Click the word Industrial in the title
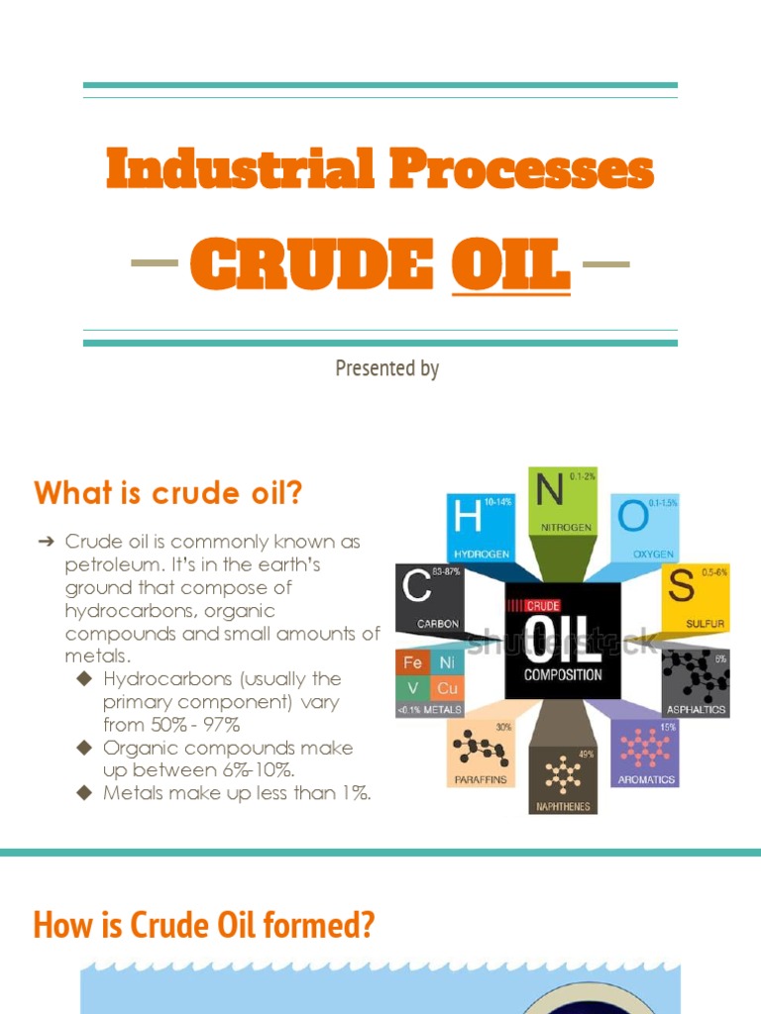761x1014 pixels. pos(240,168)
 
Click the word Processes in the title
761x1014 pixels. pos(521,168)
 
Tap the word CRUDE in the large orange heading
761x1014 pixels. pos(311,264)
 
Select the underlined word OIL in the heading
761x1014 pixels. pos(510,264)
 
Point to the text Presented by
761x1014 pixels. pos(386,368)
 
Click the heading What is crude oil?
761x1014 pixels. pos(167,492)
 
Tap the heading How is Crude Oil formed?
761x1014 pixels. pos(204,925)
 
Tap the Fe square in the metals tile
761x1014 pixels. pos(413,662)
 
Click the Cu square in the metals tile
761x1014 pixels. pos(446,687)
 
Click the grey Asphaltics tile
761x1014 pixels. pos(696,681)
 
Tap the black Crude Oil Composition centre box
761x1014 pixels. pos(562,639)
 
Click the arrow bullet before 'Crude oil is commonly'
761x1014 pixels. pos(46,542)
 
